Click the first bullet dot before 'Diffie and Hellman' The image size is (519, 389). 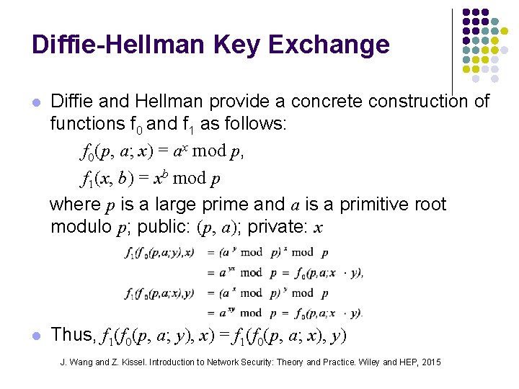(36, 103)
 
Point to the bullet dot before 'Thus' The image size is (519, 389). (36, 336)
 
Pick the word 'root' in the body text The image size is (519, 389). (431, 205)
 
